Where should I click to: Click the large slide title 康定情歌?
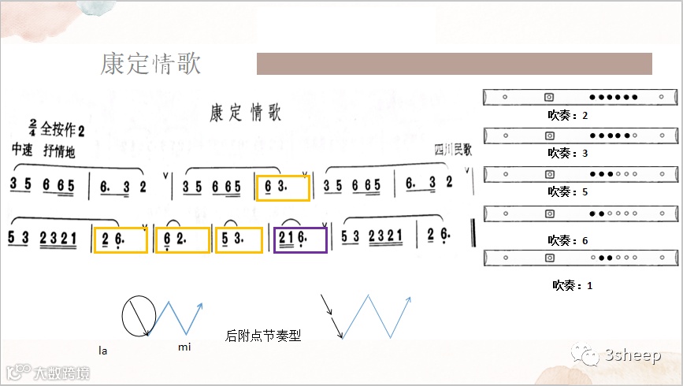(150, 64)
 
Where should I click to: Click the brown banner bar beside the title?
(454, 64)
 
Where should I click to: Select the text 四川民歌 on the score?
(452, 149)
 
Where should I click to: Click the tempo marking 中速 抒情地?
(43, 151)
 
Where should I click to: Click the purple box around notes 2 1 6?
(299, 239)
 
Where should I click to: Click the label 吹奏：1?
(572, 285)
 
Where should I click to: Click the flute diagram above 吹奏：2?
(580, 97)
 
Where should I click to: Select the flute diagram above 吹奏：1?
(580, 258)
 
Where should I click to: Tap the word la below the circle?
(102, 348)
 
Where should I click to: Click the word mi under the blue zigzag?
(184, 347)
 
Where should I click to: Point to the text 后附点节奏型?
(263, 336)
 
